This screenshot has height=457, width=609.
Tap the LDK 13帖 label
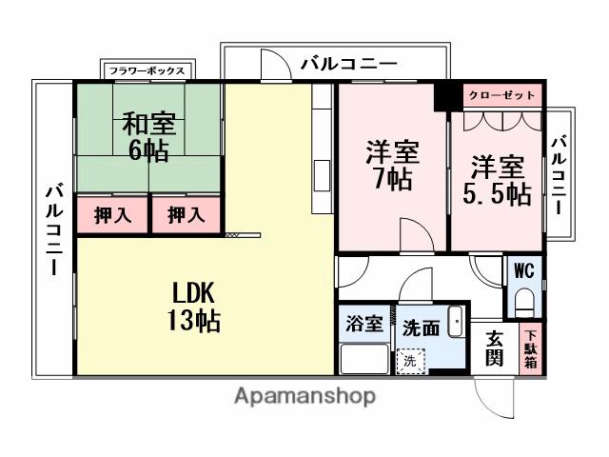click(197, 305)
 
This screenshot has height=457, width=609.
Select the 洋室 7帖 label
click(391, 165)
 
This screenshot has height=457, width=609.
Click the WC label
click(524, 270)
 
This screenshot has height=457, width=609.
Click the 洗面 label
click(421, 327)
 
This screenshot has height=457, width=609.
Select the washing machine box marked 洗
click(409, 361)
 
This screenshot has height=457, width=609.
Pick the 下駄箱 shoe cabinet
click(530, 348)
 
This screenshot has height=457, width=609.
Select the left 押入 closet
click(111, 215)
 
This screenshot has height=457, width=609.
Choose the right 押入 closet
click(187, 215)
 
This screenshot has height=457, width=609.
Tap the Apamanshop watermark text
click(304, 396)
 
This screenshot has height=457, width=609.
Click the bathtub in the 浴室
click(363, 359)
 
